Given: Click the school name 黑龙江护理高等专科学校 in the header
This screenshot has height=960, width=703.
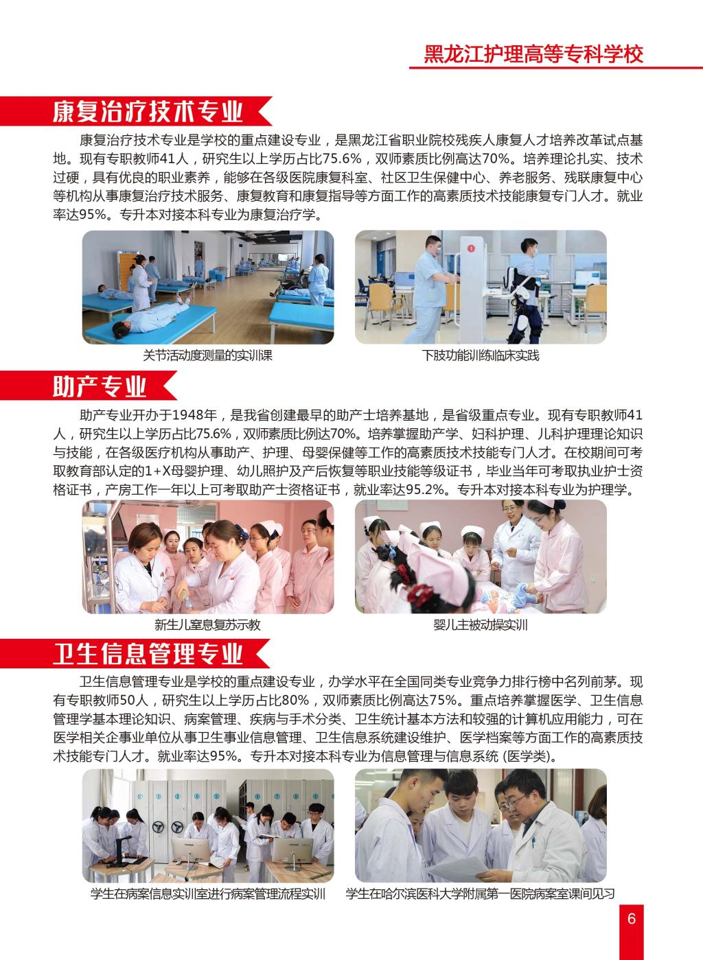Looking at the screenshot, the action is click(x=533, y=54).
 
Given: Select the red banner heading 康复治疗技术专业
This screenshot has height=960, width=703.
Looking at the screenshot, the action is click(x=148, y=111).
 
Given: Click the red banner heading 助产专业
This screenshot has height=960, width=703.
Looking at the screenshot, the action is click(x=100, y=386).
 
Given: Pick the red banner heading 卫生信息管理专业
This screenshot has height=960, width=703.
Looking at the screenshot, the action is click(x=148, y=653).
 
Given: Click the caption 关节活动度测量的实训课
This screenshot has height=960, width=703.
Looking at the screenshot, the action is click(x=207, y=355).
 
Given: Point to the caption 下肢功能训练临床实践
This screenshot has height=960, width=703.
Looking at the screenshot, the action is click(x=481, y=355).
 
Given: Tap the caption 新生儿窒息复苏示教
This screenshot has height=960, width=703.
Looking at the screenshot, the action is click(x=207, y=625).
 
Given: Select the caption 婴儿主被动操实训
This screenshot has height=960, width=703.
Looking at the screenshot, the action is click(x=481, y=625).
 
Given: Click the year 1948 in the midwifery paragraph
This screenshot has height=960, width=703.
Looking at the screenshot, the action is click(x=187, y=415).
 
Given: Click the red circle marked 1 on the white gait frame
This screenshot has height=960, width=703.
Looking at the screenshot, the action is click(x=471, y=248).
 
